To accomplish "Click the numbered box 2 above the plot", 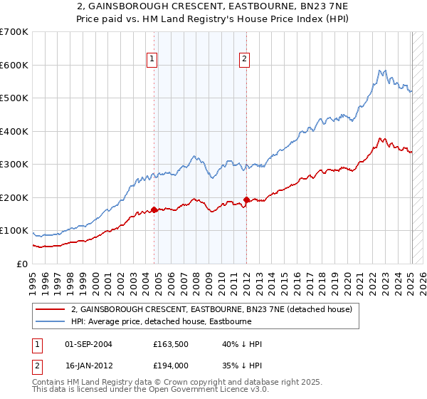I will click(244, 60).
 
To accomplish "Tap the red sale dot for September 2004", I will click(154, 209).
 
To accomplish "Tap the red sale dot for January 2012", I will click(246, 199).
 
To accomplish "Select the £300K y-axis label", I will click(14, 165).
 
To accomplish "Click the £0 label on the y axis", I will click(22, 264).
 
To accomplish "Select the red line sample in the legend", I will click(51, 309).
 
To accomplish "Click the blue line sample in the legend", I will click(51, 321).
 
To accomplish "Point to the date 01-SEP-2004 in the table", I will click(88, 344).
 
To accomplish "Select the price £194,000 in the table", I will click(171, 366).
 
